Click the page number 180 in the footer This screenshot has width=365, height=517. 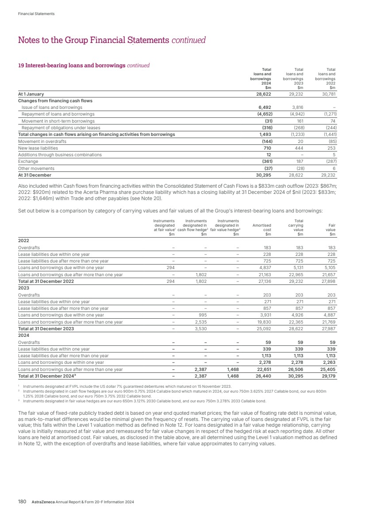22,502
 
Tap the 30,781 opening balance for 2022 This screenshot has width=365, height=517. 330,94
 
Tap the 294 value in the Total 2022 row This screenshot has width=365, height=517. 171,282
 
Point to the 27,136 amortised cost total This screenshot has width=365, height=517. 264,282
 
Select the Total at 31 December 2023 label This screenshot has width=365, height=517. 46,329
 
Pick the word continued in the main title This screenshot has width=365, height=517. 189,40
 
